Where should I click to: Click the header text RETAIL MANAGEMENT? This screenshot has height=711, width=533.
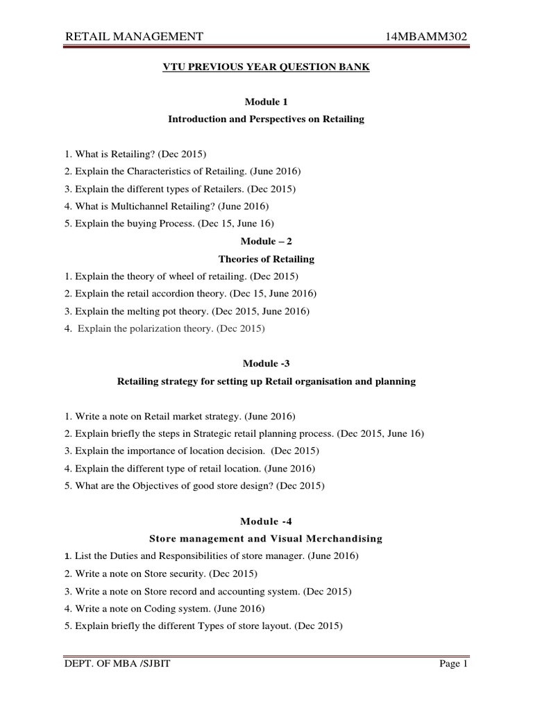tap(134, 36)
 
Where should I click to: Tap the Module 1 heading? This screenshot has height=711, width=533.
tap(266, 102)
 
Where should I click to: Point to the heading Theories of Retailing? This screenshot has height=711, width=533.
tap(266, 259)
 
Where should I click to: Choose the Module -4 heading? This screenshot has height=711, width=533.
tap(266, 521)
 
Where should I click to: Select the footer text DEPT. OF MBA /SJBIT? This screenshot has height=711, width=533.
tap(117, 664)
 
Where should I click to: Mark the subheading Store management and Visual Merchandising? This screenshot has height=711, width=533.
tap(266, 539)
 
